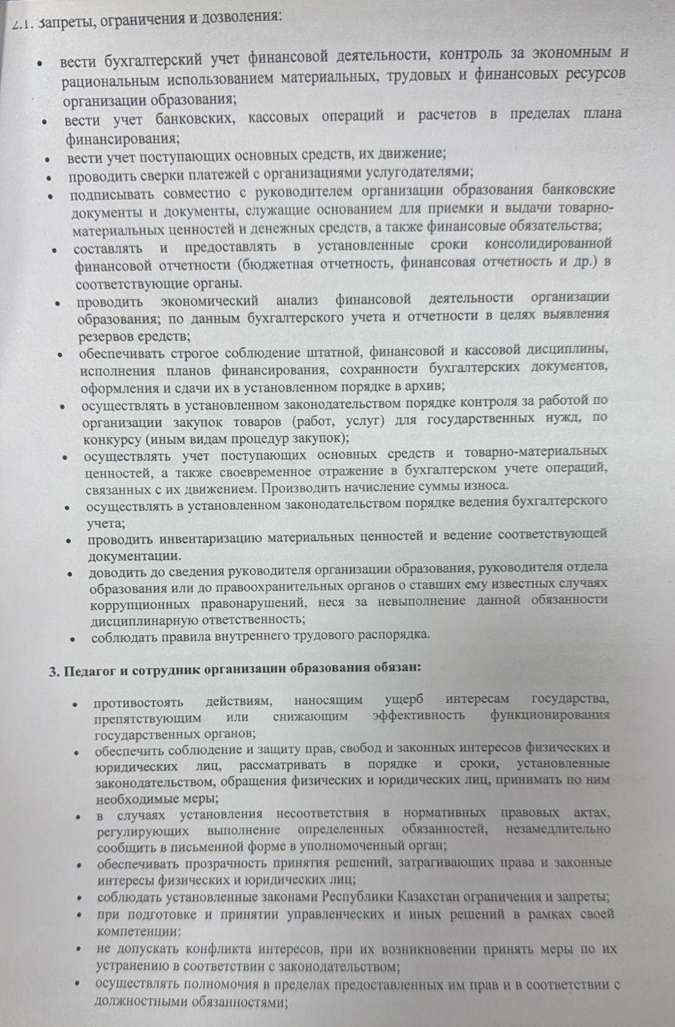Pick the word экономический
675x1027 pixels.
[x=209, y=300]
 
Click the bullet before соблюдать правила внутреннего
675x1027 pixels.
[x=75, y=639]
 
